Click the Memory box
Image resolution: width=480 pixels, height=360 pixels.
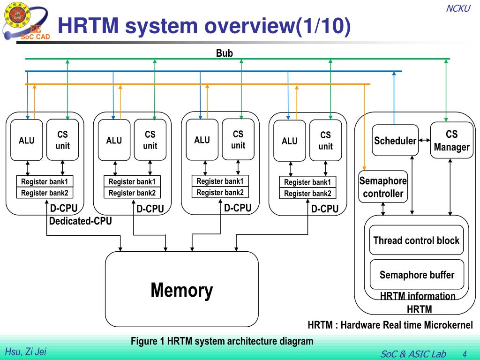(182, 289)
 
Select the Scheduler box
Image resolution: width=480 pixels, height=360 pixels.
(395, 140)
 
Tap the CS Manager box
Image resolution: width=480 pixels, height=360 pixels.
(451, 140)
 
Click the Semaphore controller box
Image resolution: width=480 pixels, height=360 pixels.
(383, 187)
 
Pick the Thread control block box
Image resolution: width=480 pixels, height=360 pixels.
(416, 240)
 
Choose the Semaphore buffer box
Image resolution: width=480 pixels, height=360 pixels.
(417, 274)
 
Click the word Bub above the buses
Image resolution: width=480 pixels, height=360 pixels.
(225, 53)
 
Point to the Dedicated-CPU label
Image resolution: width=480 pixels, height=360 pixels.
(81, 221)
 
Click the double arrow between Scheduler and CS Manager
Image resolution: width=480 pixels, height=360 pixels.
(424, 140)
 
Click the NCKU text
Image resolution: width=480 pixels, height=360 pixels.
(458, 8)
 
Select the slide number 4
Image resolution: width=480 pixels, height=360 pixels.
(465, 354)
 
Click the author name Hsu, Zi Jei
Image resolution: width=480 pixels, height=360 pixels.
(26, 352)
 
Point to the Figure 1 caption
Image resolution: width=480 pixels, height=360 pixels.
(222, 341)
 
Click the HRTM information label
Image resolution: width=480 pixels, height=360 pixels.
(418, 296)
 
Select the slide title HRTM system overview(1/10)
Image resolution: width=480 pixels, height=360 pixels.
(204, 25)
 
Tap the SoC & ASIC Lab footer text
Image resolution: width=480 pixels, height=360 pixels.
(413, 354)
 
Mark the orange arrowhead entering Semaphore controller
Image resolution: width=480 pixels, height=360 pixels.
(364, 168)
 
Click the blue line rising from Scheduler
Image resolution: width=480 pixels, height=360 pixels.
(394, 97)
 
